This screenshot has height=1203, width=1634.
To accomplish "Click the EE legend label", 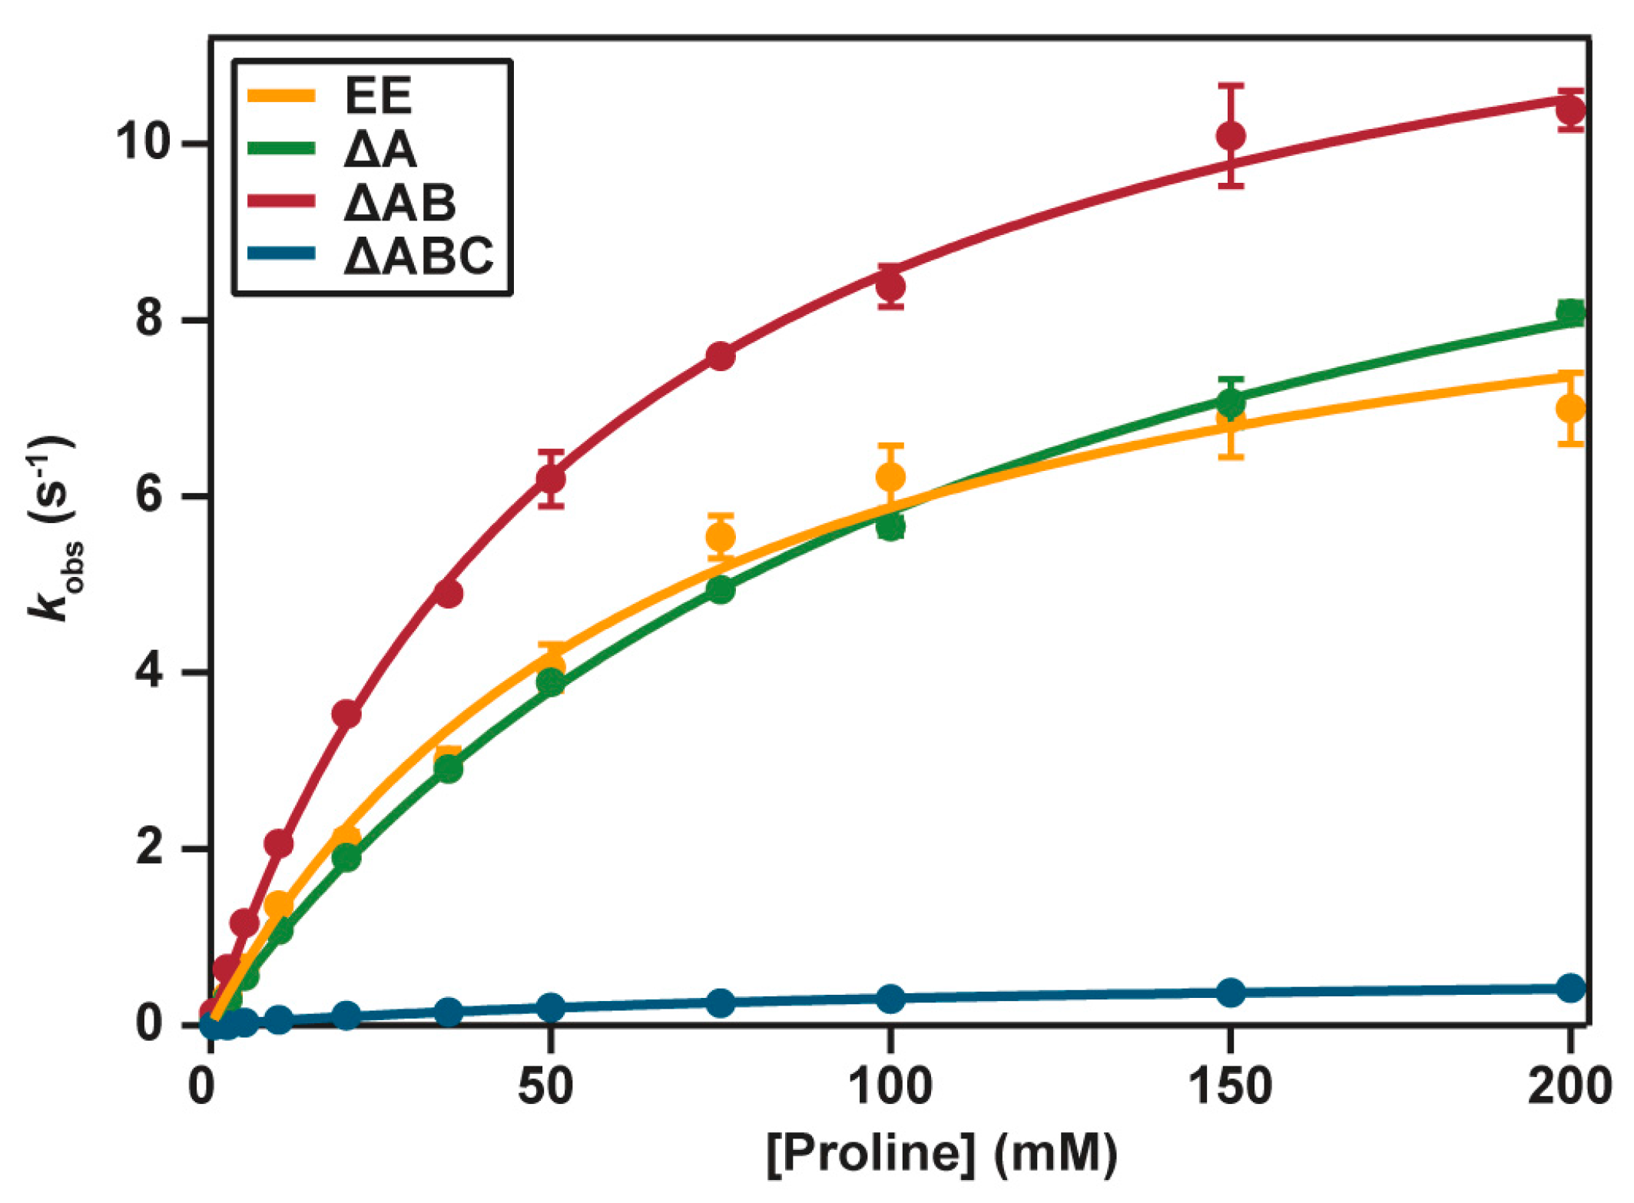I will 378,96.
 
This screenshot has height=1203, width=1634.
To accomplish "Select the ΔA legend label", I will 380,149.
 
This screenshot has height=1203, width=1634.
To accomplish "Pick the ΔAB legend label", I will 399,203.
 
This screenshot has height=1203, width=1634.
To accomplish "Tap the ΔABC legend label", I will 419,255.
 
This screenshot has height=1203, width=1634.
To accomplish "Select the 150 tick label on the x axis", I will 1231,1086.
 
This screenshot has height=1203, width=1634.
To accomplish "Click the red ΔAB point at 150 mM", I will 1231,136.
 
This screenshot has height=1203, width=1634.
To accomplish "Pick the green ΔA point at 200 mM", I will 1570,313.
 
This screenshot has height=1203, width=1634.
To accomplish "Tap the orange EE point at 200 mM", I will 1570,409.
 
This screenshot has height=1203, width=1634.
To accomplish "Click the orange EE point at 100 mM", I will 890,477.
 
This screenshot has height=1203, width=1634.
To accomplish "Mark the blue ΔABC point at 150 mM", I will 1231,993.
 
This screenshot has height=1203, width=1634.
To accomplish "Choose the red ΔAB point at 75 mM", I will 720,356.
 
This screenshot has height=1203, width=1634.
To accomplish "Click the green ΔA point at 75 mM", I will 720,590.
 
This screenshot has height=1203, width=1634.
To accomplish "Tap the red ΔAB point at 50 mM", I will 551,479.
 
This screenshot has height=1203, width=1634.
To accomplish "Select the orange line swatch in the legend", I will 281,96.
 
